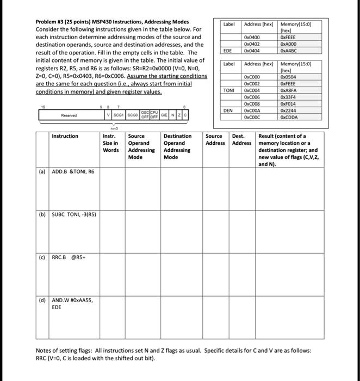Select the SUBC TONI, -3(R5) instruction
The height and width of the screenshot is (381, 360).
coord(74,214)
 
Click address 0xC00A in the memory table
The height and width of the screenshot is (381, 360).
coord(253,110)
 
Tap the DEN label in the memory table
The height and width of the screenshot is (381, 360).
coord(229,110)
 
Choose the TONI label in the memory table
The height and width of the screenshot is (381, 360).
coord(229,89)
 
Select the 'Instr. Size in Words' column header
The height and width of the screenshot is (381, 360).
coord(111,143)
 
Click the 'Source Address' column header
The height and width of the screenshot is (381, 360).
coord(215,139)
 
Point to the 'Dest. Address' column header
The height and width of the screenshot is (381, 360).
coord(241,139)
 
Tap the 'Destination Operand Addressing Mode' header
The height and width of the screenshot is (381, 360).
coord(178,146)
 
